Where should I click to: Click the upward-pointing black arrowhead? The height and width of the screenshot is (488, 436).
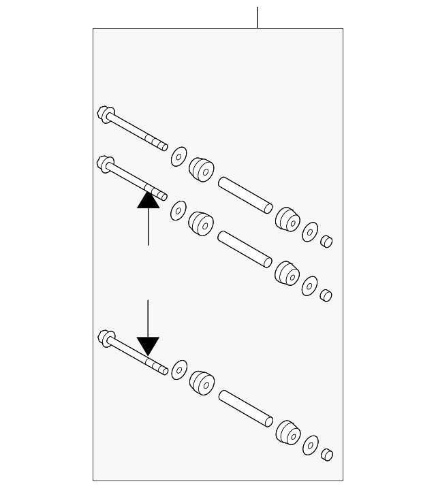pos(149,199)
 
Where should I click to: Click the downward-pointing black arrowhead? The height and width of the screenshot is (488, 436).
pos(148,346)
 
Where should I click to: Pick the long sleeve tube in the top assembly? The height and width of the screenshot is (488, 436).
pos(245,194)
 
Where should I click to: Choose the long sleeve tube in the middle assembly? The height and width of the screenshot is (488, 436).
pos(245,248)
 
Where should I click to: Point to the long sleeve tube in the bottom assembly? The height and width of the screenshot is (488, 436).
pos(245,408)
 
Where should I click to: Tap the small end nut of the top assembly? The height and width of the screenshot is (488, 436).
pos(326,241)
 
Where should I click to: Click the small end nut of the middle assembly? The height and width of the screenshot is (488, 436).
pos(326,295)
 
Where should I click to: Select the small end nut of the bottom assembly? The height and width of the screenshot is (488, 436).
pos(326,455)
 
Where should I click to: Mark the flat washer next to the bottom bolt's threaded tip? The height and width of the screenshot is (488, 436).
pos(178,370)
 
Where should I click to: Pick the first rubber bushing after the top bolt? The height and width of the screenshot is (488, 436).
pos(200,169)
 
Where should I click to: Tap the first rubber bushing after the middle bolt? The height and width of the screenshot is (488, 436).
pos(200,223)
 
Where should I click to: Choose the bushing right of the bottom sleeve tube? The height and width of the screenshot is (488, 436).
pos(287,432)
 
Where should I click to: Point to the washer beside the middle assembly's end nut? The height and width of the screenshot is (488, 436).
pos(310,285)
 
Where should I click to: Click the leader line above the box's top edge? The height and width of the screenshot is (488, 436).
pos(258,17)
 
